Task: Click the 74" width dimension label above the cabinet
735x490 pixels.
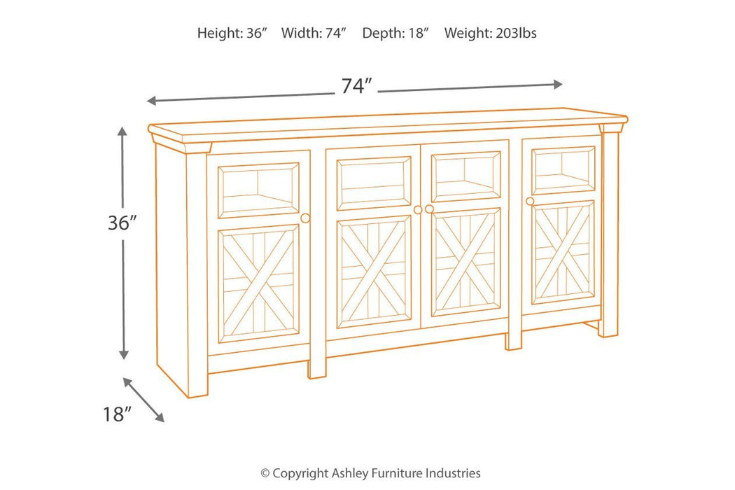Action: [356, 87]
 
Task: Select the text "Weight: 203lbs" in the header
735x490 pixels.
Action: [490, 33]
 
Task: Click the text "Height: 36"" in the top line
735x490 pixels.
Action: [232, 33]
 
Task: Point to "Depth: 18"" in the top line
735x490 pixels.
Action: [395, 33]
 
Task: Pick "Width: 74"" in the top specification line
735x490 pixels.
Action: [314, 33]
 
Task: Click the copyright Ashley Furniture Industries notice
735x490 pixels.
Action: [370, 473]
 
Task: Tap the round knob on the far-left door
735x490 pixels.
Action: [305, 218]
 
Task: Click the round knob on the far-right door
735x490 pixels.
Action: [529, 202]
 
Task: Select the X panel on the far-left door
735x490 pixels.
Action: [259, 283]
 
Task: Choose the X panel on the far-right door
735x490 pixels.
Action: [563, 251]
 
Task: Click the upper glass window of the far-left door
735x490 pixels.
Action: [259, 190]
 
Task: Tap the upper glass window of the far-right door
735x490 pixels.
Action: [563, 170]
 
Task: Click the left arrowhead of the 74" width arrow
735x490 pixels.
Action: [151, 101]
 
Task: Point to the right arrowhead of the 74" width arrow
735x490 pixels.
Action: [558, 84]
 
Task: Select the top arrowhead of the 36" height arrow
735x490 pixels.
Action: [122, 131]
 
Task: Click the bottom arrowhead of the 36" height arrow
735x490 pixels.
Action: [124, 355]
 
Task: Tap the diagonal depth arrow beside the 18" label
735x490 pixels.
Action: [144, 400]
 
